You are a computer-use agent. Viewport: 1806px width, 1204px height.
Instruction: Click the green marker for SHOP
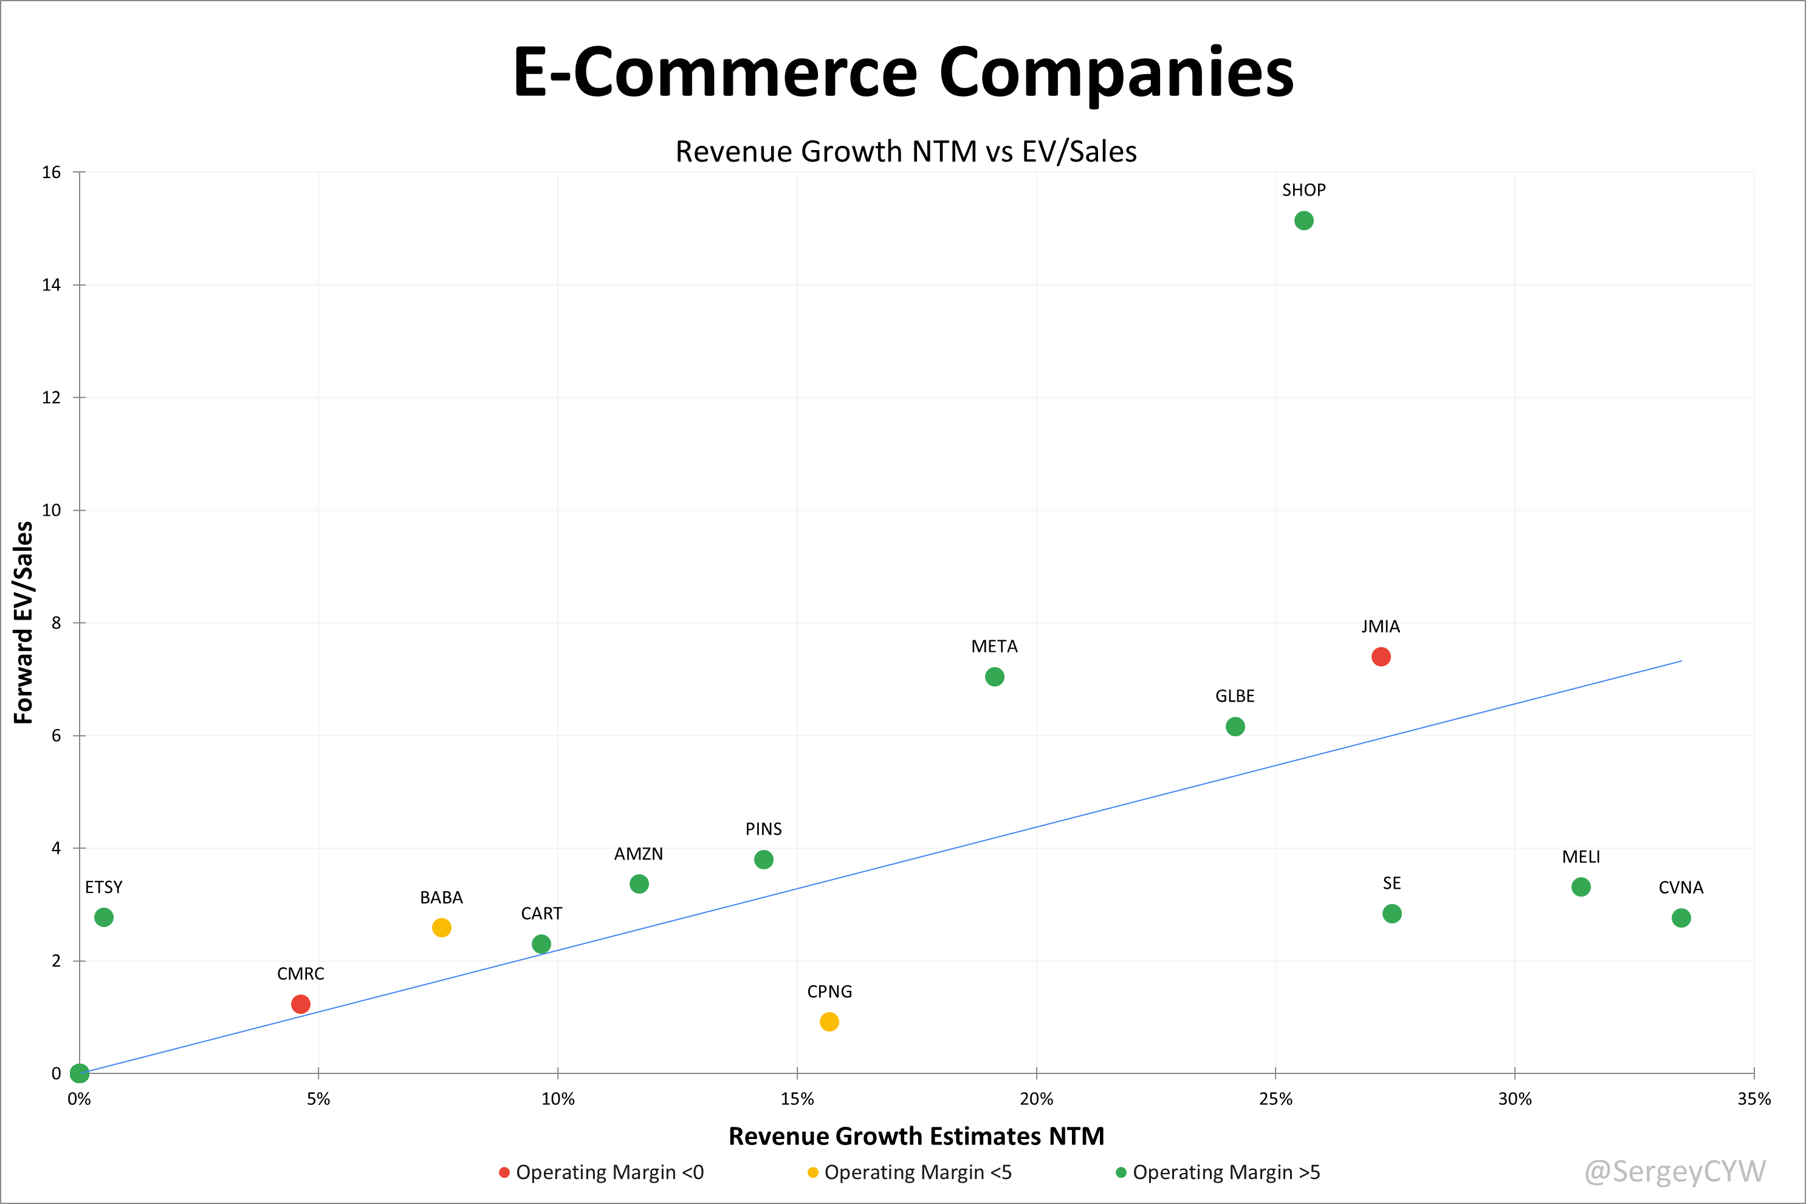click(x=1303, y=221)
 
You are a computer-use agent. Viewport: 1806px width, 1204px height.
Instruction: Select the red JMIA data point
click(x=1381, y=657)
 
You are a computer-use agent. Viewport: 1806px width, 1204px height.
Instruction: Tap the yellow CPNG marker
click(x=829, y=1022)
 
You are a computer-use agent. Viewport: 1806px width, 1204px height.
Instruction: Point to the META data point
click(x=994, y=677)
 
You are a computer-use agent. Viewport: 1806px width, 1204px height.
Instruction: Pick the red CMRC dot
click(x=300, y=1004)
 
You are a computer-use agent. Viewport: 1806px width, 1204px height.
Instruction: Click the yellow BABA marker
click(x=441, y=928)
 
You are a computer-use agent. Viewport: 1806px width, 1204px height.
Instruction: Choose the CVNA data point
click(x=1681, y=918)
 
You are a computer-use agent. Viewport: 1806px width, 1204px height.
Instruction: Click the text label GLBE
click(x=1234, y=696)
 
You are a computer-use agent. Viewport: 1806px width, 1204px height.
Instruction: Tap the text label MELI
click(x=1580, y=857)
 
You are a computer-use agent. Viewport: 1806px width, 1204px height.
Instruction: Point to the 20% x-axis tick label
click(x=1035, y=1100)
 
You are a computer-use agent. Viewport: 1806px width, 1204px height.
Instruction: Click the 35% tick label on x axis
click(x=1753, y=1100)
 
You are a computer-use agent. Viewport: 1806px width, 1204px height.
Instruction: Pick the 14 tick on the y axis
click(x=52, y=286)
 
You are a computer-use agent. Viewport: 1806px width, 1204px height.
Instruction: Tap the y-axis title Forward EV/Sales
click(x=24, y=622)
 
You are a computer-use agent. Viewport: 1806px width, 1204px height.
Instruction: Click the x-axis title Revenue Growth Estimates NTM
click(x=916, y=1137)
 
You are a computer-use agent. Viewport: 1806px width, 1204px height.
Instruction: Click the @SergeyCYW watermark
click(x=1675, y=1171)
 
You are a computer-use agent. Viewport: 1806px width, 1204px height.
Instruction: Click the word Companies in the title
click(x=1116, y=72)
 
